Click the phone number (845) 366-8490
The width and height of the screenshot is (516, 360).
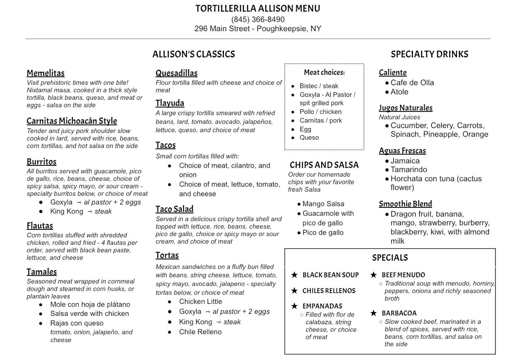pyautogui.click(x=258, y=19)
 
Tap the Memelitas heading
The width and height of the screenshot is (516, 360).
pyautogui.click(x=46, y=73)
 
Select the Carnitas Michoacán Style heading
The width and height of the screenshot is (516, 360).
pyautogui.click(x=72, y=121)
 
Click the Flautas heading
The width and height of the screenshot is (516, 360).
pyautogui.click(x=40, y=226)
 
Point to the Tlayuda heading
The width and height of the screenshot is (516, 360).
pyautogui.click(x=170, y=103)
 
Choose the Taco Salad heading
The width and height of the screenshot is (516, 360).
pyautogui.click(x=174, y=209)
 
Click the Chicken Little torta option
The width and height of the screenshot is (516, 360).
pyautogui.click(x=200, y=301)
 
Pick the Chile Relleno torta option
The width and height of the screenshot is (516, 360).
pyautogui.click(x=200, y=332)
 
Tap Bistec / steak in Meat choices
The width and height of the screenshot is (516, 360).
pyautogui.click(x=319, y=86)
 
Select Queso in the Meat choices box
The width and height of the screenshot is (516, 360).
pyautogui.click(x=309, y=137)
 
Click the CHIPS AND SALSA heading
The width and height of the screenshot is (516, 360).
pyautogui.click(x=324, y=165)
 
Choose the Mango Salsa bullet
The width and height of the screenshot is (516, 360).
pyautogui.click(x=323, y=204)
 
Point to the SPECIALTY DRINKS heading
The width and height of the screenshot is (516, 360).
pyautogui.click(x=429, y=54)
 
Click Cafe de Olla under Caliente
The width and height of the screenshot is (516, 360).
pyautogui.click(x=412, y=82)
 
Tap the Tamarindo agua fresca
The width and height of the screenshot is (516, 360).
pyautogui.click(x=408, y=169)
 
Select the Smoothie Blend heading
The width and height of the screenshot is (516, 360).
pyautogui.click(x=405, y=204)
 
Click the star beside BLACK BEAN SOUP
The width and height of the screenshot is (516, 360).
pyautogui.click(x=295, y=275)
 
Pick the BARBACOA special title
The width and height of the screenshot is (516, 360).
pyautogui.click(x=399, y=313)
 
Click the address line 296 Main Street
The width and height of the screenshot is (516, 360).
pyautogui.click(x=258, y=29)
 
